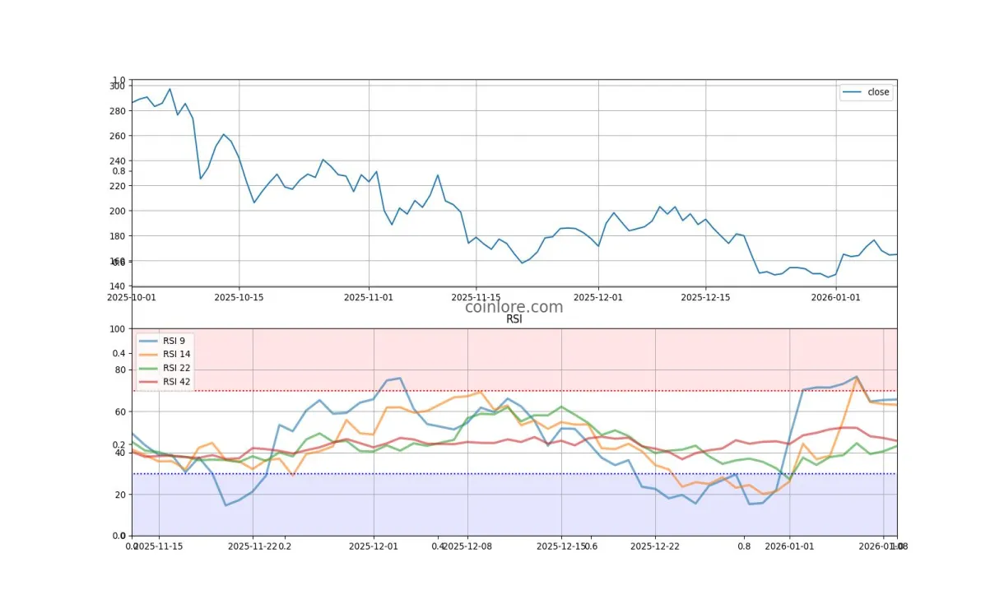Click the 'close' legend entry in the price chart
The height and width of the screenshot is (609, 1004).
(877, 92)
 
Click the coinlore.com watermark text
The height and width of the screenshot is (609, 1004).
(514, 307)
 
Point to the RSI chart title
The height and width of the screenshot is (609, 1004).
(514, 320)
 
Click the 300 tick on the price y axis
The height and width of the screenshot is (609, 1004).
(117, 86)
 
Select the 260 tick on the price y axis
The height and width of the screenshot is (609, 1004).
(117, 136)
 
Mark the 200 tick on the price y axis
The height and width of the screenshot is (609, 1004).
(117, 211)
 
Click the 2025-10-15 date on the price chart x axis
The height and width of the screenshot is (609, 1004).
(239, 297)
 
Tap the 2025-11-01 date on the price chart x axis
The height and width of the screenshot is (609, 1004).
(369, 297)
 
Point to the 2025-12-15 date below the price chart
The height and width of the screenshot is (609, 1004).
(705, 297)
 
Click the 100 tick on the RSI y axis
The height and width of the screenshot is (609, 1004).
(115, 329)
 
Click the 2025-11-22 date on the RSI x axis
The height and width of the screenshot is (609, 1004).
(253, 546)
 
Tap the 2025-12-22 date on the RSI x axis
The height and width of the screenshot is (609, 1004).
(655, 546)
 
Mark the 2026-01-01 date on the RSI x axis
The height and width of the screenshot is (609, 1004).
(789, 546)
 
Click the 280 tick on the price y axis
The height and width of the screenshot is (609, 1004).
(117, 110)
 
